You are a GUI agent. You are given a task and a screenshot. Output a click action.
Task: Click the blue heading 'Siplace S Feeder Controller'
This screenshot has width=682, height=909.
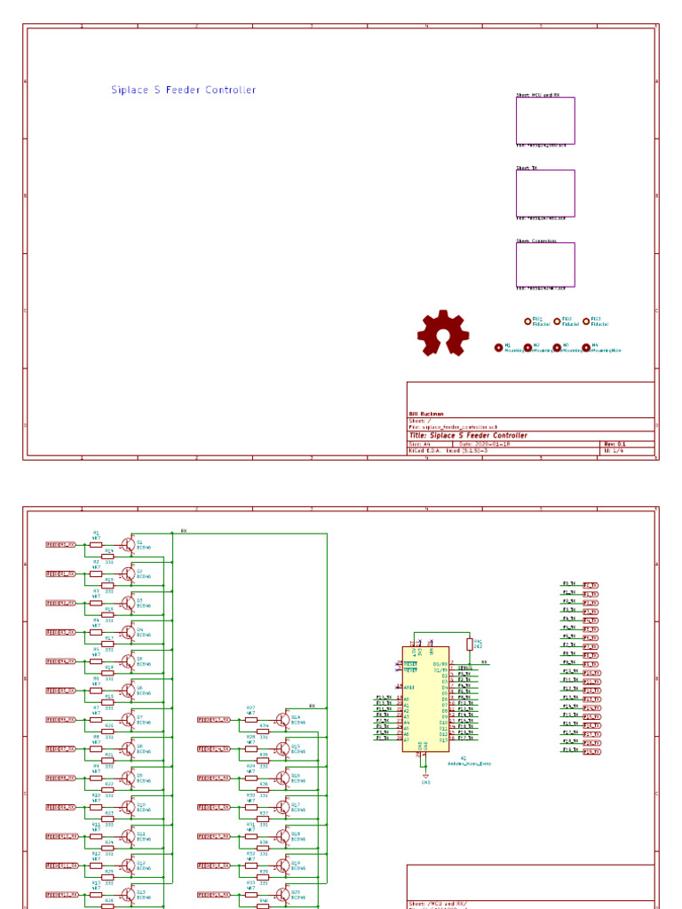click(183, 90)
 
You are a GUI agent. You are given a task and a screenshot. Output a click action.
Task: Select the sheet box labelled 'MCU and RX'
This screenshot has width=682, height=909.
click(545, 121)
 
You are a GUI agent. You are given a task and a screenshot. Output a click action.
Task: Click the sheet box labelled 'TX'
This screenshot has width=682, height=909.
click(545, 193)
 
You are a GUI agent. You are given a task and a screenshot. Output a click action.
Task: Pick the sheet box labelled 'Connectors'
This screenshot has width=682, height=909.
click(545, 265)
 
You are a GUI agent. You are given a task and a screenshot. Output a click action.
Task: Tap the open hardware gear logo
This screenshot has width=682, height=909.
click(442, 334)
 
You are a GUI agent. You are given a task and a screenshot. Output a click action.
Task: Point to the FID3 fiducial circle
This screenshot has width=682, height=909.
click(586, 321)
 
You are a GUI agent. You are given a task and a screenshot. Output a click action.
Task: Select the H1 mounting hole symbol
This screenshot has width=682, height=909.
click(499, 348)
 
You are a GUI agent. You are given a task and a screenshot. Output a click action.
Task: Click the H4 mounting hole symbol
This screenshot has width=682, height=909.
click(586, 348)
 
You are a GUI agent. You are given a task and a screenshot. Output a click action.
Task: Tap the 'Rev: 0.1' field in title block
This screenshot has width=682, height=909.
click(615, 443)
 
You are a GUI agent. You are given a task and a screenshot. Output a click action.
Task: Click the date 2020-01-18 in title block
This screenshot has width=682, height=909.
click(493, 443)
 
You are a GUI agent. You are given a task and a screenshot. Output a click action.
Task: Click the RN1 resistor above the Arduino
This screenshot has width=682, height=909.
click(469, 644)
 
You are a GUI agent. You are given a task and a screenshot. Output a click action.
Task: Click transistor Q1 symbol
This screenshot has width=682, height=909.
click(129, 545)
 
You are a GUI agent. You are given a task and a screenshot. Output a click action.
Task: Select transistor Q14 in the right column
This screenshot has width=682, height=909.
click(282, 720)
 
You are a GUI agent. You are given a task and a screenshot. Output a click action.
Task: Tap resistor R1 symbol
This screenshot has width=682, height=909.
click(96, 545)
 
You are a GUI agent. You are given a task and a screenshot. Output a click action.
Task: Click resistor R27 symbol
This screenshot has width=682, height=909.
click(250, 720)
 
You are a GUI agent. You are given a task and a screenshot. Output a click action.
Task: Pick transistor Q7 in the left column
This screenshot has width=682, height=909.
click(129, 720)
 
